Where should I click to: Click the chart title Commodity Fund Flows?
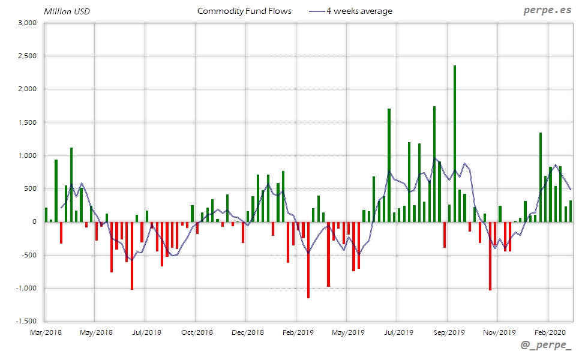pyautogui.click(x=244, y=11)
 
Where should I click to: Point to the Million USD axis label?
pyautogui.click(x=67, y=11)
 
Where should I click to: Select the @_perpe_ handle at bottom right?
pyautogui.click(x=546, y=346)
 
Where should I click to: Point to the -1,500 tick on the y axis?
pyautogui.click(x=26, y=321)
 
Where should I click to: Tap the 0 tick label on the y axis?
pyautogui.click(x=34, y=222)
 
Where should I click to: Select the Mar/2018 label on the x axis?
pyautogui.click(x=46, y=332)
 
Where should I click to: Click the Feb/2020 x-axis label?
pyautogui.click(x=550, y=332)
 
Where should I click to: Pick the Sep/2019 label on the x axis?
pyautogui.click(x=449, y=332)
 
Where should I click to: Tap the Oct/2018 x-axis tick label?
pyautogui.click(x=197, y=332)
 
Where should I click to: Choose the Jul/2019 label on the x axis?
pyautogui.click(x=398, y=332)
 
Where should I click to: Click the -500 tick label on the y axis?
pyautogui.click(x=29, y=255)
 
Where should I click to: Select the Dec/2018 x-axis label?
pyautogui.click(x=247, y=332)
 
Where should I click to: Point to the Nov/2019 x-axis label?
pyautogui.click(x=499, y=332)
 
